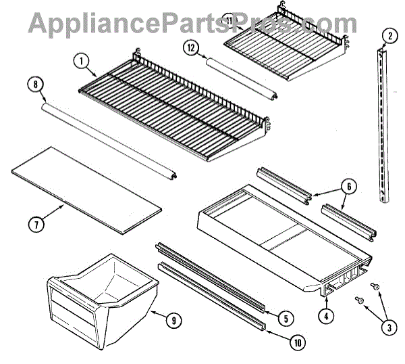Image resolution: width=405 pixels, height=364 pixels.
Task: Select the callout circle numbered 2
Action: (x=389, y=35)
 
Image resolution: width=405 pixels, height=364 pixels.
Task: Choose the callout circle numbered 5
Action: (x=287, y=317)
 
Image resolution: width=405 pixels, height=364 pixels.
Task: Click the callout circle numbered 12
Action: (x=192, y=47)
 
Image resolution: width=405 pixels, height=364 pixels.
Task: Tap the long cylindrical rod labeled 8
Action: (x=108, y=139)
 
